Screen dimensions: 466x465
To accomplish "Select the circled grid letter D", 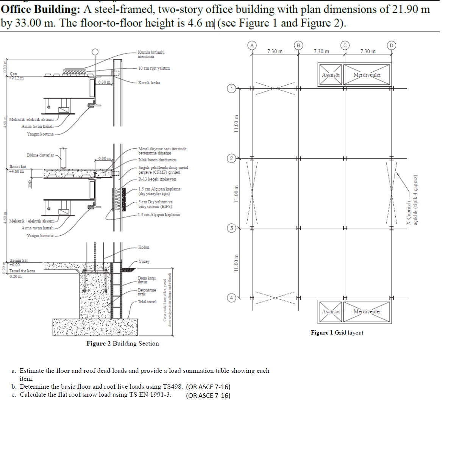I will point(392,45).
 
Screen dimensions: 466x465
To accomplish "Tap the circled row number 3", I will point(231,228).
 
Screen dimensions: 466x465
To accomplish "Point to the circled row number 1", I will point(231,89).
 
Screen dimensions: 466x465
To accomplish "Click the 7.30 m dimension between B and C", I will point(321,51).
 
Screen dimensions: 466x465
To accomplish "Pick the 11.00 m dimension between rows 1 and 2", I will point(236,123).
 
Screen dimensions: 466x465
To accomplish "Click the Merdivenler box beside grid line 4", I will point(367,311).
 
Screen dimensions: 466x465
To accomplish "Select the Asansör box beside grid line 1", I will point(331,75).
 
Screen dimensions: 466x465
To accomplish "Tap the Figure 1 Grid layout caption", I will point(337,332).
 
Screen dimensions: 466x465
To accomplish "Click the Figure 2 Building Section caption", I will point(122,343).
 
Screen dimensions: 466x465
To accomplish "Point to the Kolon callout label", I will point(144,247).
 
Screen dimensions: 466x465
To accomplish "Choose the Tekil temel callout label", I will point(147,302).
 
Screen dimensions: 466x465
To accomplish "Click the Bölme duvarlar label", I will point(40,155).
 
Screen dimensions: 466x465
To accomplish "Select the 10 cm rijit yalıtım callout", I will point(154,68).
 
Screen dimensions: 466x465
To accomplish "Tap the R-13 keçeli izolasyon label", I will point(157,179).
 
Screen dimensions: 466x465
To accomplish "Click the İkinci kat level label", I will point(18,167).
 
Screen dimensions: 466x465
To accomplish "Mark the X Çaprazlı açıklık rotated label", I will point(412,200).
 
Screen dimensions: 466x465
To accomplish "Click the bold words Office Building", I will point(41,9).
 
